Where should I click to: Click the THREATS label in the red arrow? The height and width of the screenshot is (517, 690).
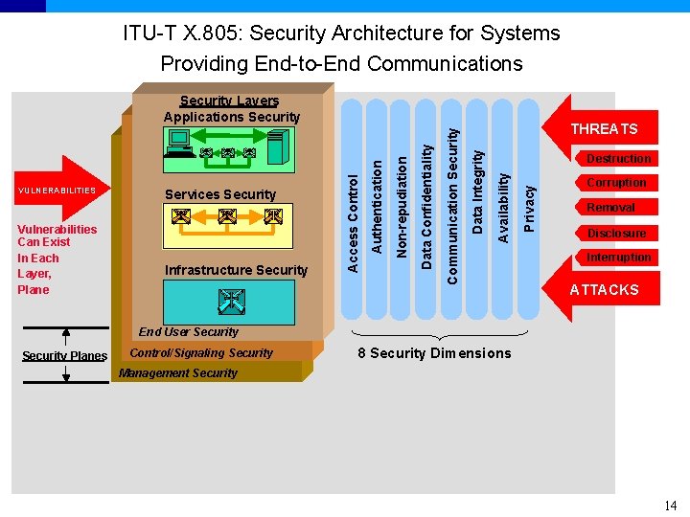(604, 129)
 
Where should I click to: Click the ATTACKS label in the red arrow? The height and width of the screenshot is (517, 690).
(604, 290)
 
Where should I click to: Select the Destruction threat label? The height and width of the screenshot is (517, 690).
(618, 159)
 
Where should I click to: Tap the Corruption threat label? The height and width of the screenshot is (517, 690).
(616, 183)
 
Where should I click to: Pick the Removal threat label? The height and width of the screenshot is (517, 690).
(610, 208)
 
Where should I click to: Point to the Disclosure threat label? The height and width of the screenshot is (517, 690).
(616, 234)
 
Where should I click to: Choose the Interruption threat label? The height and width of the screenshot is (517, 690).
(618, 258)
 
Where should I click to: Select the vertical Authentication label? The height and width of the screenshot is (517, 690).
(377, 206)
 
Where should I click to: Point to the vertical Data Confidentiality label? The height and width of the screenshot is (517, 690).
(427, 203)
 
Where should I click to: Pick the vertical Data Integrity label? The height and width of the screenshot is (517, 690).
(478, 190)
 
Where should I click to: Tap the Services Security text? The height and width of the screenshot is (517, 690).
(220, 194)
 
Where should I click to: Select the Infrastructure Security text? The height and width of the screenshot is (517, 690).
(236, 270)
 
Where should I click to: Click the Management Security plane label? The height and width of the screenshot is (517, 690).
(178, 373)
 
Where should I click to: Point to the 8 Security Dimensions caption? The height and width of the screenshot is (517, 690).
(434, 353)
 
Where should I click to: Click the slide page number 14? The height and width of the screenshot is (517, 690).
(670, 506)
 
